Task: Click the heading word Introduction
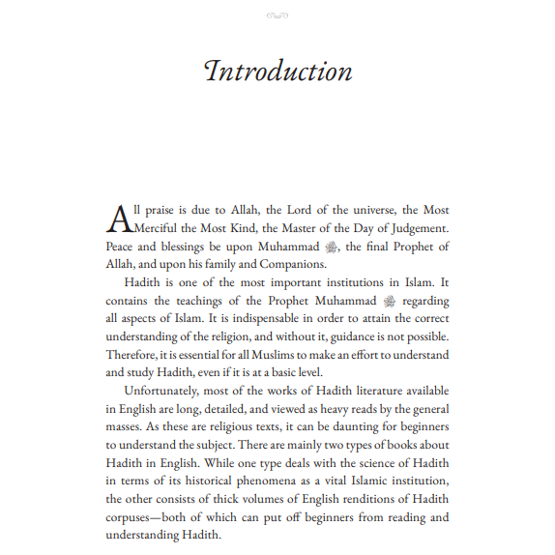(x=277, y=73)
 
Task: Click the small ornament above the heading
(x=277, y=15)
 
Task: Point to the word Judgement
(x=417, y=228)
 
